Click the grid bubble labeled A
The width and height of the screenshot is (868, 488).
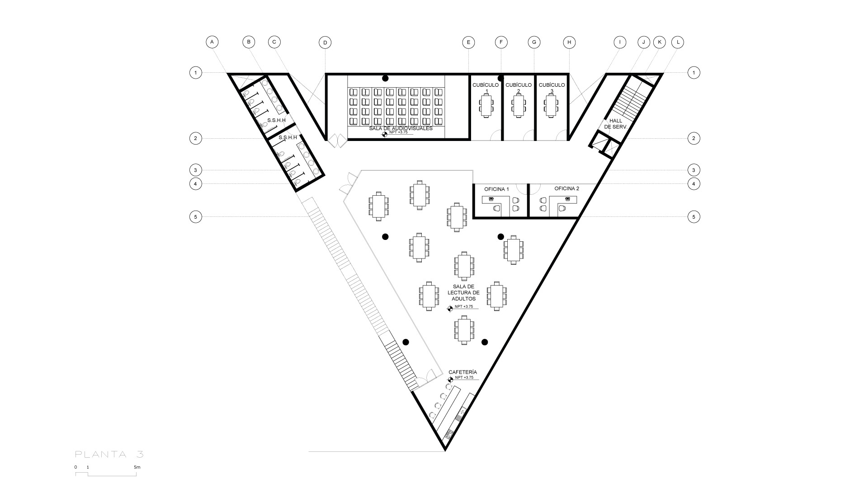pos(212,42)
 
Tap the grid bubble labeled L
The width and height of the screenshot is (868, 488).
pos(678,42)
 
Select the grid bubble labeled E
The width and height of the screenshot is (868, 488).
pos(468,42)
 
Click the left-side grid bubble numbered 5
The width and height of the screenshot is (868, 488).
pos(195,217)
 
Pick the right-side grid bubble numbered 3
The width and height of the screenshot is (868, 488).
pos(693,170)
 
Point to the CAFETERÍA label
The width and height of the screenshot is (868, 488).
pos(462,372)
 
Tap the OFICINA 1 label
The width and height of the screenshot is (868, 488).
pos(496,189)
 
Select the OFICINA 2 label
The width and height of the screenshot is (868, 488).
pos(566,188)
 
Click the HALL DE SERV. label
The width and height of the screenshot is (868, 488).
pos(615,124)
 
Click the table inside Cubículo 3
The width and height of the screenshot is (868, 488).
pos(551,106)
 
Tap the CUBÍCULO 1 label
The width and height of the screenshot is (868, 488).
pos(486,88)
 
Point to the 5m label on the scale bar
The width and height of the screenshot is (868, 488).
pos(137,467)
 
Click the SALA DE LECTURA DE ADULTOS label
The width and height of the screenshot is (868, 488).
pos(463,293)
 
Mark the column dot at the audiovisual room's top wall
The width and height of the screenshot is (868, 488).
pos(385,78)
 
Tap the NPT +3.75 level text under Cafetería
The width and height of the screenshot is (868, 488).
pos(464,377)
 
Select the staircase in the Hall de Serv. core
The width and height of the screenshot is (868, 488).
pos(629,99)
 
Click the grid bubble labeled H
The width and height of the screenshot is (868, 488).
pos(569,42)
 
